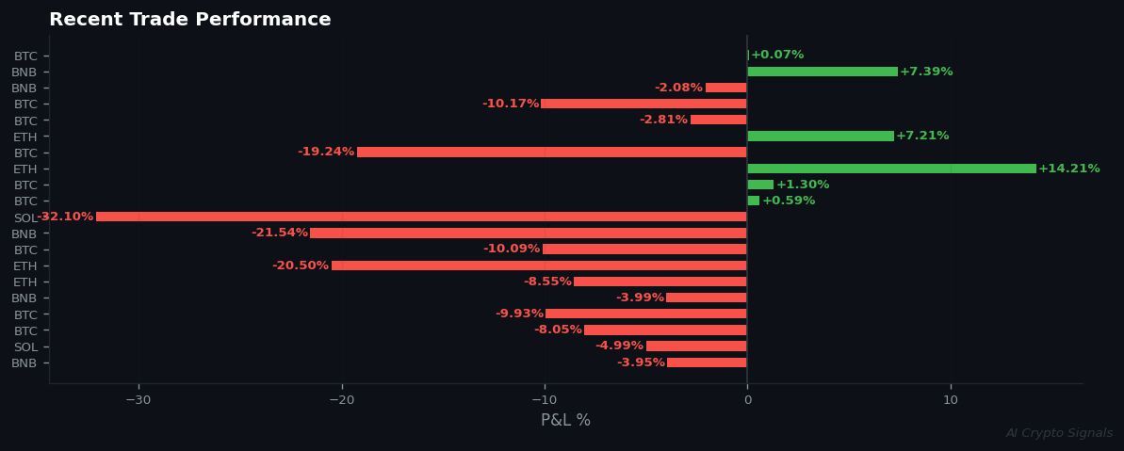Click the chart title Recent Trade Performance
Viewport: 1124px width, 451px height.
point(189,20)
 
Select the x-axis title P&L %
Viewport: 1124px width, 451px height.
point(565,421)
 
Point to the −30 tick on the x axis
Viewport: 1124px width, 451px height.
point(138,400)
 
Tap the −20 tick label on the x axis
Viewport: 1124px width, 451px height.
point(341,400)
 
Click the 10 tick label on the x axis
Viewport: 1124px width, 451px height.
point(951,400)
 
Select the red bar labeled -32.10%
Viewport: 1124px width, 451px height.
point(421,217)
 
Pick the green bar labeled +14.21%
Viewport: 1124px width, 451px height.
point(891,169)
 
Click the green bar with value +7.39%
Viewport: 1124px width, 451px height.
point(823,72)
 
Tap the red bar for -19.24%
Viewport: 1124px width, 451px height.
point(552,152)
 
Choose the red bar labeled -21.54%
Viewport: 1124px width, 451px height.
point(529,233)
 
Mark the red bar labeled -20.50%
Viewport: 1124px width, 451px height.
point(539,266)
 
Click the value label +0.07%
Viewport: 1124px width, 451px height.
point(777,55)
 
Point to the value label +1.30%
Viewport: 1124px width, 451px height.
point(803,185)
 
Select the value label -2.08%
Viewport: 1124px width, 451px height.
point(678,88)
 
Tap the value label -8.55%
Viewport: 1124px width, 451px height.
point(547,282)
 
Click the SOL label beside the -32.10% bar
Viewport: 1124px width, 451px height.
point(24,217)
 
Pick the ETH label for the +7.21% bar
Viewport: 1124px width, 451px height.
point(24,137)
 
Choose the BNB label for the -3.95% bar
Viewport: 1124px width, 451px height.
point(24,362)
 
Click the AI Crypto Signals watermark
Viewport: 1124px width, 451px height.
point(1059,433)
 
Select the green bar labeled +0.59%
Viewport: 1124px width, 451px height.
point(754,201)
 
